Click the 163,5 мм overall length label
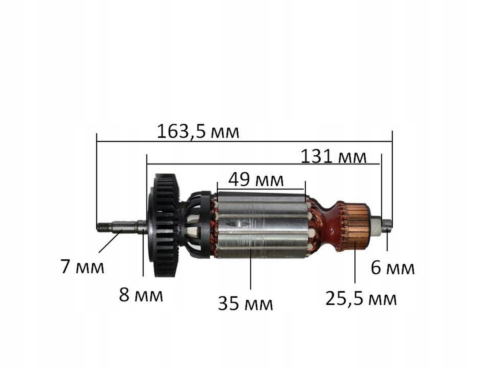click(x=198, y=132)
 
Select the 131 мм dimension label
click(x=333, y=157)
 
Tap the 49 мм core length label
click(x=256, y=180)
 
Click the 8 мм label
click(x=141, y=295)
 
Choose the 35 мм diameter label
click(x=245, y=303)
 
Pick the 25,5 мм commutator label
click(x=361, y=298)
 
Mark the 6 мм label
click(x=392, y=268)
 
